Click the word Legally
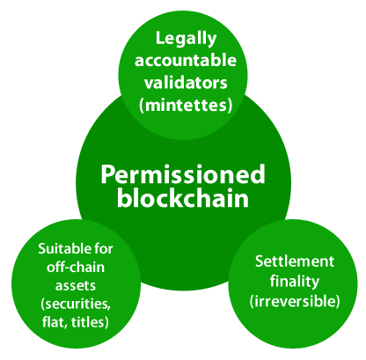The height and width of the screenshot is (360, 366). (x=186, y=40)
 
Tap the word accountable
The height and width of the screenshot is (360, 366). (x=186, y=60)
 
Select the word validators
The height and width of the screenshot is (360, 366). (x=186, y=83)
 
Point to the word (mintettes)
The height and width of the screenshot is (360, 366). (x=186, y=105)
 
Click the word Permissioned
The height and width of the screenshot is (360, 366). (x=183, y=175)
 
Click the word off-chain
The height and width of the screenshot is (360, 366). (x=76, y=268)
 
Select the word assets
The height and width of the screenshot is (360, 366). (x=76, y=286)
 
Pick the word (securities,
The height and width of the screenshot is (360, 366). (x=76, y=304)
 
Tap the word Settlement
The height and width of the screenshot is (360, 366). (x=295, y=261)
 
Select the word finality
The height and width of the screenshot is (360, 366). (x=295, y=281)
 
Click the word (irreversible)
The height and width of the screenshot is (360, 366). (x=295, y=301)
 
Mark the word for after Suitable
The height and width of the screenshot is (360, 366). (x=103, y=249)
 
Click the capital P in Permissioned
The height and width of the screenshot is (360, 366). (x=109, y=174)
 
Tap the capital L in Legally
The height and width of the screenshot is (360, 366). (x=160, y=38)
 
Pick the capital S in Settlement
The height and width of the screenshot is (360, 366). (x=260, y=261)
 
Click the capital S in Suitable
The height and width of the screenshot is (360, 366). (x=42, y=249)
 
